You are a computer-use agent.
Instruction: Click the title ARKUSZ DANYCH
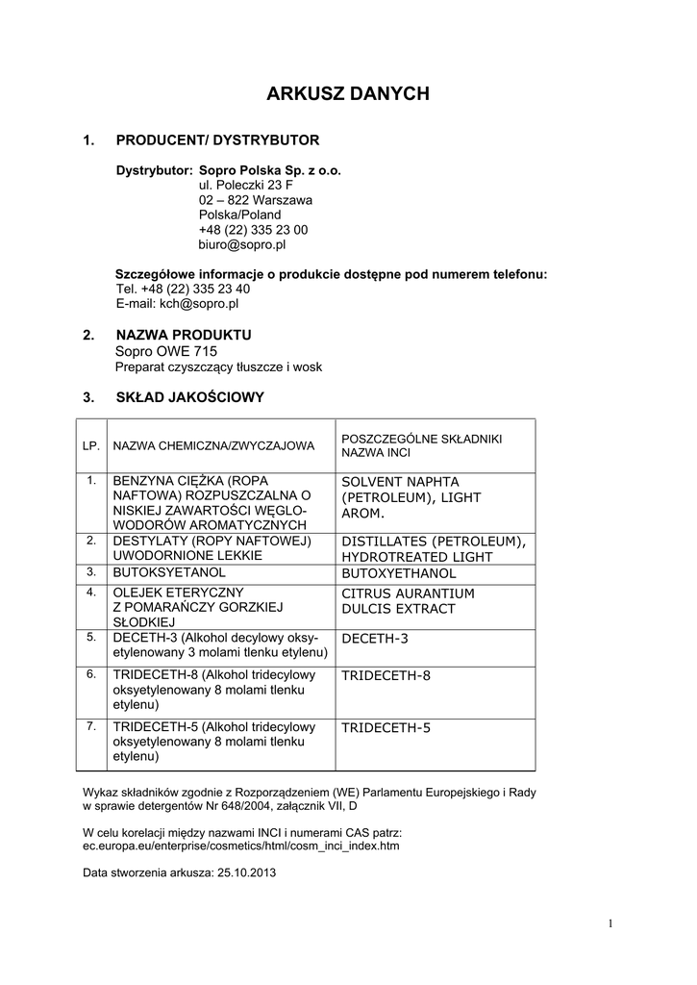[348, 94]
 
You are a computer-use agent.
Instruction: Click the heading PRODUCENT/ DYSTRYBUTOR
[217, 140]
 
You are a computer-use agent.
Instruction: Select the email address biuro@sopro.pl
[242, 244]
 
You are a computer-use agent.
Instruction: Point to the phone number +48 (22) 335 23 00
[253, 230]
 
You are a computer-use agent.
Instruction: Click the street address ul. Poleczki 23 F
[246, 185]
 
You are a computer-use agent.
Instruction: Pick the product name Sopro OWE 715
[166, 351]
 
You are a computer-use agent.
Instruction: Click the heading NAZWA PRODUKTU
[184, 335]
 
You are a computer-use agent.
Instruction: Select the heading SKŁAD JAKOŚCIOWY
[189, 396]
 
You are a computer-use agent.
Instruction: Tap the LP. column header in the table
[92, 445]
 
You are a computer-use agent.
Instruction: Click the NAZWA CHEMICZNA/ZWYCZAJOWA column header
[213, 445]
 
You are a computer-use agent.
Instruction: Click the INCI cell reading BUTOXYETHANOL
[399, 573]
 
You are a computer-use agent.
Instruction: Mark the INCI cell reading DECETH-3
[375, 639]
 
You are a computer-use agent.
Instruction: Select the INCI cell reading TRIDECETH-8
[386, 675]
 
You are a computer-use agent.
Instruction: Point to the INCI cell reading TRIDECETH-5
[386, 727]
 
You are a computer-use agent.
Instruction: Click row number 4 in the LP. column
[91, 592]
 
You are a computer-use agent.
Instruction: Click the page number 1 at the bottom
[610, 924]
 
